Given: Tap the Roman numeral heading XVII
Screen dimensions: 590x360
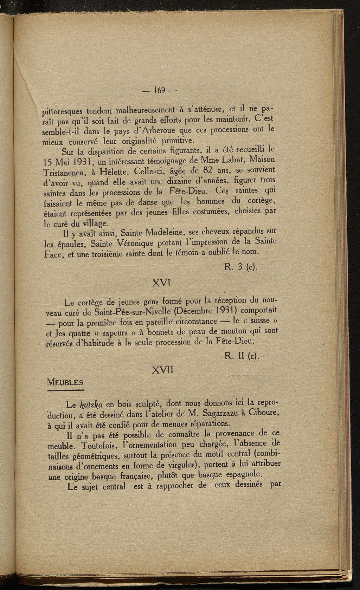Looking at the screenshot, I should [x=162, y=370].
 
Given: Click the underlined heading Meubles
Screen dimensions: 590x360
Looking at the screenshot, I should [x=65, y=382].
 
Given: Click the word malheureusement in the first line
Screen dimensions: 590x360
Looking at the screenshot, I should [x=143, y=111].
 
